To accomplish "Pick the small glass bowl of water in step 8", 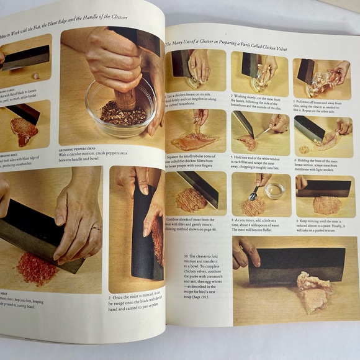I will point(273,190).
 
